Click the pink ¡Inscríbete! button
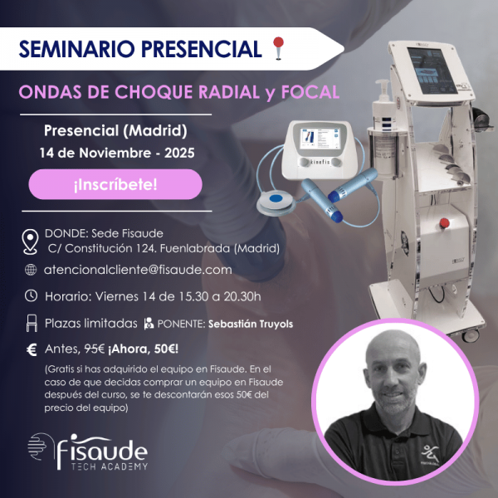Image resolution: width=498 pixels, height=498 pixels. [x=115, y=184]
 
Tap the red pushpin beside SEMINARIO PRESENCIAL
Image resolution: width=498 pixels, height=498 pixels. [x=279, y=48]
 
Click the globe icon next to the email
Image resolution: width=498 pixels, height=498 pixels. [x=31, y=270]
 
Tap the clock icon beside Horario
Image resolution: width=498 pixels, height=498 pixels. [x=31, y=295]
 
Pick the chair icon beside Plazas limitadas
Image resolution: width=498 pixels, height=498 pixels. [x=31, y=323]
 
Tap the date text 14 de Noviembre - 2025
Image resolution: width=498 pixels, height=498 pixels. [x=115, y=154]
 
